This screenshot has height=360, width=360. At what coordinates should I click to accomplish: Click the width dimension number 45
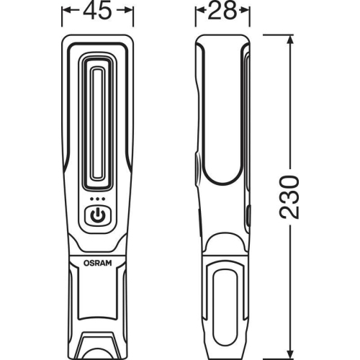97,12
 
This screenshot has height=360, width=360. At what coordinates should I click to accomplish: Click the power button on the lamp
97,215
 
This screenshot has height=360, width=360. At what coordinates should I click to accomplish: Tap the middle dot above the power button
97,199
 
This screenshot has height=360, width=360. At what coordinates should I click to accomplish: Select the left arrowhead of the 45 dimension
66,12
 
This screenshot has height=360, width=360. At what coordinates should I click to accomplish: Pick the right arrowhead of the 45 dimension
130,12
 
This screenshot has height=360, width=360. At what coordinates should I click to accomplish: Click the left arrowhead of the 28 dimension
199,12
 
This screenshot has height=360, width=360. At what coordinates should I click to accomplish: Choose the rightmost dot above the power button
104,199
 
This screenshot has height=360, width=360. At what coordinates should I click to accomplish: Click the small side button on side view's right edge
248,215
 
